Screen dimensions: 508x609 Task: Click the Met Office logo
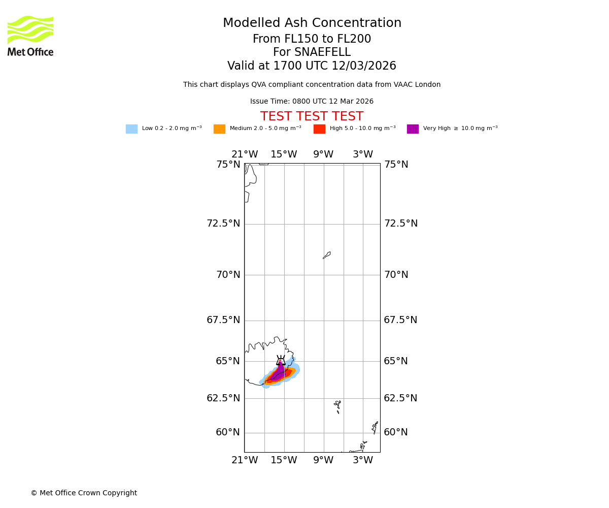point(30,36)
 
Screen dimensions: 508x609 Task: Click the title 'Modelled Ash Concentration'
point(312,23)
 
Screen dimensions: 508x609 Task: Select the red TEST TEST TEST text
point(312,117)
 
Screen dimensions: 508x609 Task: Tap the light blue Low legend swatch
point(131,129)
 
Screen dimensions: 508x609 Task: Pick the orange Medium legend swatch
point(219,129)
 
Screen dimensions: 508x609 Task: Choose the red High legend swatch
point(319,129)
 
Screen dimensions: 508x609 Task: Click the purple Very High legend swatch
point(413,129)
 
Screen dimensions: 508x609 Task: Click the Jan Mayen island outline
point(327,255)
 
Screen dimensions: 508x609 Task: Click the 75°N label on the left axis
point(228,165)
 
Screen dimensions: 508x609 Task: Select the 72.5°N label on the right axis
point(400,224)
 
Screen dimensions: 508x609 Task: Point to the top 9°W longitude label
point(323,154)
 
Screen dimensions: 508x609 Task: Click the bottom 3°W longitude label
point(363,460)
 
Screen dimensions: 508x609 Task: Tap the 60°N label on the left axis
point(228,432)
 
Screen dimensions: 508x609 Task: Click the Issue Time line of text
point(312,102)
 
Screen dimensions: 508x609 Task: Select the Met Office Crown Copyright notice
point(84,493)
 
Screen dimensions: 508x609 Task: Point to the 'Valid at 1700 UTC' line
point(312,66)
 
